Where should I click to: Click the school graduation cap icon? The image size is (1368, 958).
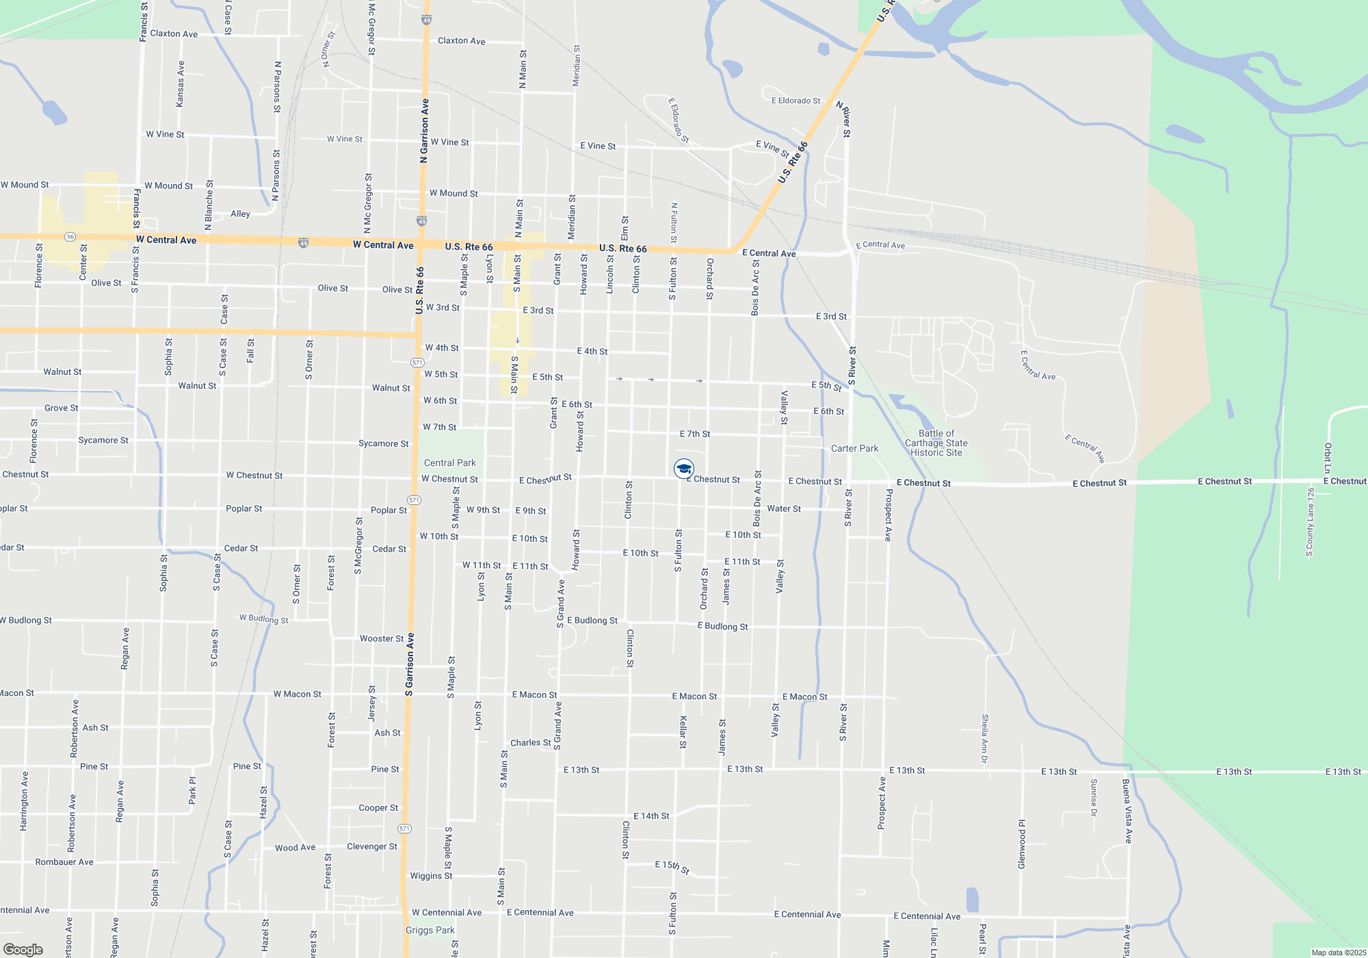pos(683,469)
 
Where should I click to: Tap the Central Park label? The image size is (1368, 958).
pos(449,463)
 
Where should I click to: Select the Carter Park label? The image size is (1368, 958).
pos(854,449)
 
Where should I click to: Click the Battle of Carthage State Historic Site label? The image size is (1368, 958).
pos(936,443)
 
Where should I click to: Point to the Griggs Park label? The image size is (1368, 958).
pos(430,930)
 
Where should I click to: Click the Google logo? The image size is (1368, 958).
pos(23,950)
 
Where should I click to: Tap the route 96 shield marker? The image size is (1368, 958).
pos(70,237)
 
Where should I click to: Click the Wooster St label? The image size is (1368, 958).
pos(382,638)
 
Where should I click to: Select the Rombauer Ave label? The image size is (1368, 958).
pos(64,862)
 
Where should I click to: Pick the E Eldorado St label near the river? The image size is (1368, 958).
pos(795,101)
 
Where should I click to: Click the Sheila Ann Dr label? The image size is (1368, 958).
pos(985,739)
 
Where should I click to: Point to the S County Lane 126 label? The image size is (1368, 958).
pos(1310,522)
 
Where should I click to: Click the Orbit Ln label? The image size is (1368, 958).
pos(1328,458)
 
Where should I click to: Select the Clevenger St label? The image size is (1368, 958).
pos(371,846)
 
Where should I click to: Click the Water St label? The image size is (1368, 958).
pos(784,509)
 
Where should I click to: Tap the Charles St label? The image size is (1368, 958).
pos(530,743)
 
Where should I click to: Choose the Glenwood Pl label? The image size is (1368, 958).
pos(1022,844)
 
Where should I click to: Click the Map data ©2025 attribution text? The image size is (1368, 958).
pos(1338,953)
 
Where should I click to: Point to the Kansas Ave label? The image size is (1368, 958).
pos(180,83)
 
